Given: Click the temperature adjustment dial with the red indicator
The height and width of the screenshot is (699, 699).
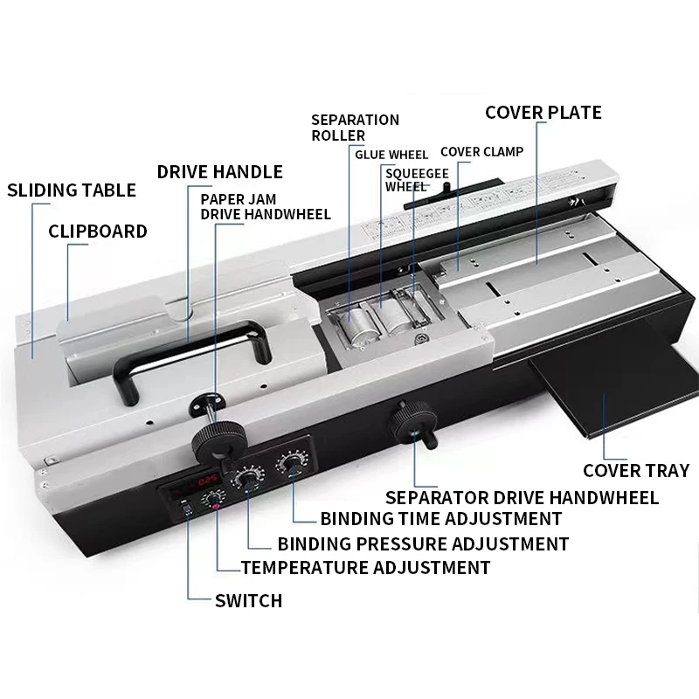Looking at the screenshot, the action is coord(211,500).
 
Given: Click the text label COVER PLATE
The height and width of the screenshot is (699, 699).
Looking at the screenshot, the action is coord(543,112).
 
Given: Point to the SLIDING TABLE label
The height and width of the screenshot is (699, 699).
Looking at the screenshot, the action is coord(72,190).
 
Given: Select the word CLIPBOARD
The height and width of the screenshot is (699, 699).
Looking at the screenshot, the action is coord(97,232).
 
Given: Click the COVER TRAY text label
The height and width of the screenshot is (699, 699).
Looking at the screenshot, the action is coord(636,471).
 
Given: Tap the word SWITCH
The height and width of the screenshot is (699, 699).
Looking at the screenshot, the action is coord(248,600).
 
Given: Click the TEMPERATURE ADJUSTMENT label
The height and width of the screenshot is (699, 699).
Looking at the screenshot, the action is coord(365,567).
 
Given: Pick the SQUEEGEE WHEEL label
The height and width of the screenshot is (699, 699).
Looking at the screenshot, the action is coord(406,179).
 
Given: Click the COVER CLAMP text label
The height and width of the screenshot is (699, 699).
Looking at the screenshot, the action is coord(481,151).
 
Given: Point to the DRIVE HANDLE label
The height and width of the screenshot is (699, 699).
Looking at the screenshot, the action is coord(219,171).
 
